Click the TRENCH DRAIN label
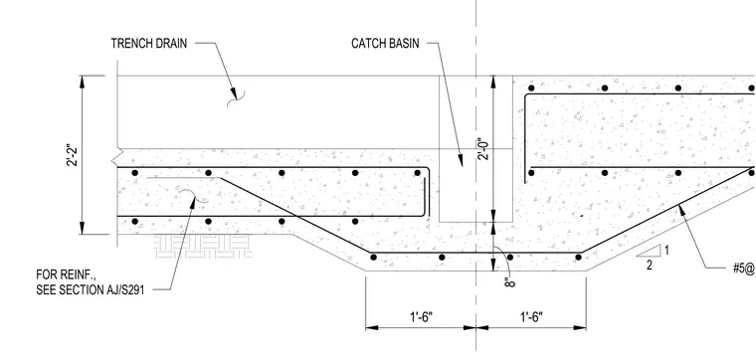click(x=148, y=44)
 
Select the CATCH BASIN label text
click(x=385, y=44)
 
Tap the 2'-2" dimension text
click(x=72, y=154)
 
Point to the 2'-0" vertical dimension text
click(x=484, y=149)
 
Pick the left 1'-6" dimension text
click(x=421, y=317)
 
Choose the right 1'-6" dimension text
click(x=531, y=317)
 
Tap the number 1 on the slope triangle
click(x=666, y=251)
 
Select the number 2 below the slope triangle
click(x=650, y=266)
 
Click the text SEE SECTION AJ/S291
click(x=91, y=291)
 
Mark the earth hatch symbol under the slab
click(x=203, y=247)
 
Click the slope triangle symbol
click(x=649, y=251)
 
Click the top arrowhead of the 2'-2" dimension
click(x=82, y=82)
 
